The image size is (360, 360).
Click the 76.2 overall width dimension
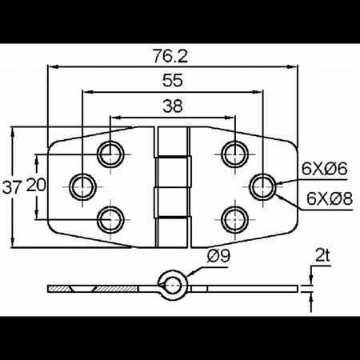(170, 56)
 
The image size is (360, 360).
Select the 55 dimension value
(173, 80)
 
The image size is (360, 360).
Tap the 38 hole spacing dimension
(173, 106)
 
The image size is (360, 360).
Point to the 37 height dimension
(11, 187)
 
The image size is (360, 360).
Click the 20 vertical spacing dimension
(36, 185)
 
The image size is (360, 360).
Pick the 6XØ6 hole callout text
(324, 169)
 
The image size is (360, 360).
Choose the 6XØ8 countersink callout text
(330, 198)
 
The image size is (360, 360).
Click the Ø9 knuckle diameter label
(218, 256)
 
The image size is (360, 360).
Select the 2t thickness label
(322, 255)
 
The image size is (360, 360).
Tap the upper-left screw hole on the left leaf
(110, 154)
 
